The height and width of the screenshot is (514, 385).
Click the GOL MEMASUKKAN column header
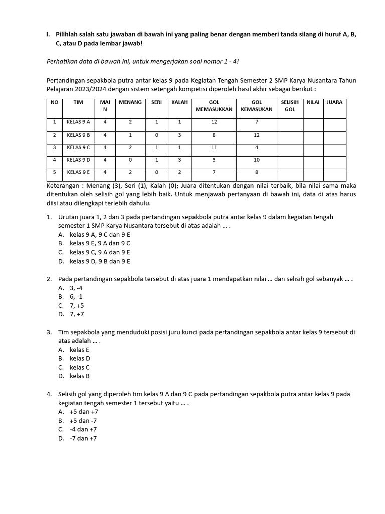pyautogui.click(x=214, y=105)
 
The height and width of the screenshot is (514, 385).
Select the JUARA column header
pyautogui.click(x=334, y=102)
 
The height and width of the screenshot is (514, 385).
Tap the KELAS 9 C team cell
pyautogui.click(x=78, y=148)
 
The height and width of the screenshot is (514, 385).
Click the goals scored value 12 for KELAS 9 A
pyautogui.click(x=214, y=122)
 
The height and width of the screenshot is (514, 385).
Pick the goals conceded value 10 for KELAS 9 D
pyautogui.click(x=257, y=160)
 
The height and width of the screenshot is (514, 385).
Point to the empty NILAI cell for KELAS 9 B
pyautogui.click(x=313, y=135)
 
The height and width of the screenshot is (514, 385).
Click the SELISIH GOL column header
pyautogui.click(x=290, y=105)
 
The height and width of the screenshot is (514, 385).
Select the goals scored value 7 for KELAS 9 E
pyautogui.click(x=214, y=173)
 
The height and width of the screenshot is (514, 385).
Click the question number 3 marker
pyautogui.click(x=49, y=332)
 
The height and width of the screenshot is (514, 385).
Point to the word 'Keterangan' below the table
pyautogui.click(x=63, y=186)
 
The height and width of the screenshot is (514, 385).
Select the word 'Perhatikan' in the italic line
pyautogui.click(x=63, y=61)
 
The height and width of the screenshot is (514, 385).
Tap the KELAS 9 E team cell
pyautogui.click(x=78, y=173)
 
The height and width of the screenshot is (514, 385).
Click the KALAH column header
pyautogui.click(x=179, y=102)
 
